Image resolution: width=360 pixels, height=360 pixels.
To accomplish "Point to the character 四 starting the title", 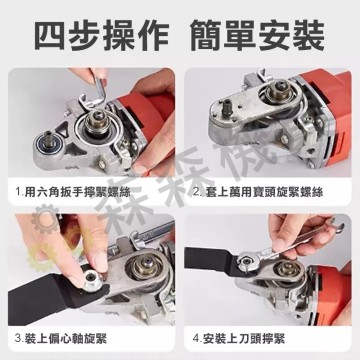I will point(50,33).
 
